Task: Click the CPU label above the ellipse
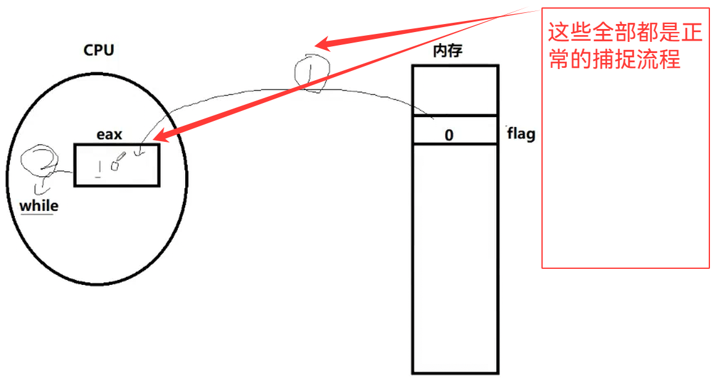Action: (x=99, y=51)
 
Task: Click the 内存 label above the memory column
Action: (x=448, y=52)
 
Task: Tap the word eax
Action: (x=109, y=134)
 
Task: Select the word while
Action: (x=39, y=205)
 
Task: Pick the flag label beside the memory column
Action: (x=520, y=134)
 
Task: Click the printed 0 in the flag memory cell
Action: (x=449, y=135)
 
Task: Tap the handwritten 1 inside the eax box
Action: (x=98, y=168)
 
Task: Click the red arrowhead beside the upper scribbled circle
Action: (x=322, y=44)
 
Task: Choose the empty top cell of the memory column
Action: (x=454, y=90)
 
